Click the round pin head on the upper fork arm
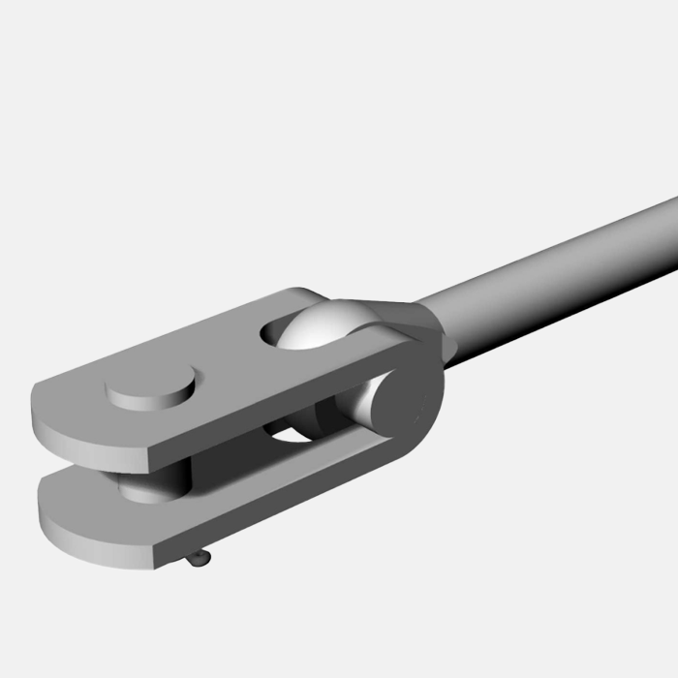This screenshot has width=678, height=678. tap(150, 388)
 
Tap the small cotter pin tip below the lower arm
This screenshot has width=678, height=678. tap(199, 559)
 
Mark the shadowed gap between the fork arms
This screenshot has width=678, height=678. tap(242, 465)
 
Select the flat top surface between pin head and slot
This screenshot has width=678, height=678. tap(228, 358)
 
